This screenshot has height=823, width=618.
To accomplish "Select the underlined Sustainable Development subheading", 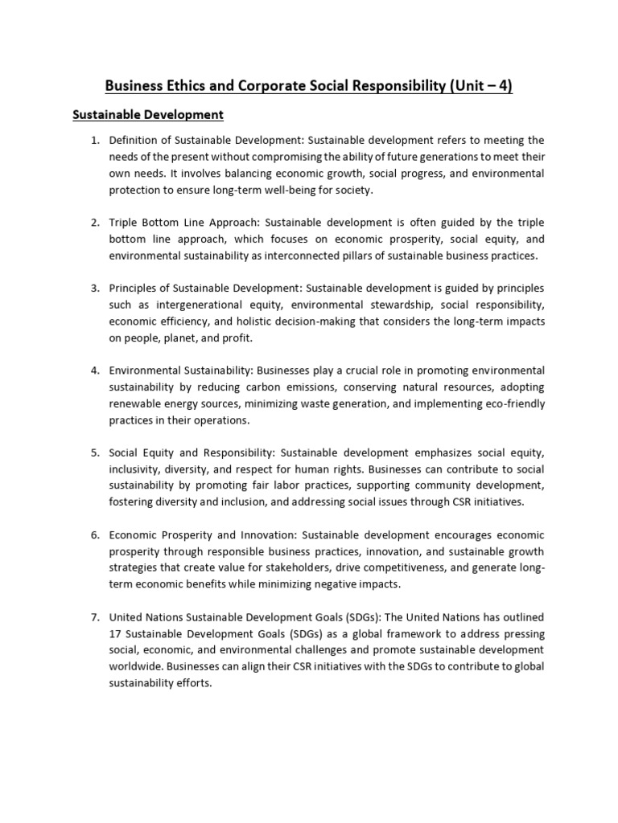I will (x=147, y=115).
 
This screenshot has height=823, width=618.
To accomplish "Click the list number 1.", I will (x=94, y=140).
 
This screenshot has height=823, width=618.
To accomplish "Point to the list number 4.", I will (x=94, y=370).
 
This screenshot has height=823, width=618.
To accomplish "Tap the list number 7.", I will (x=94, y=616).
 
